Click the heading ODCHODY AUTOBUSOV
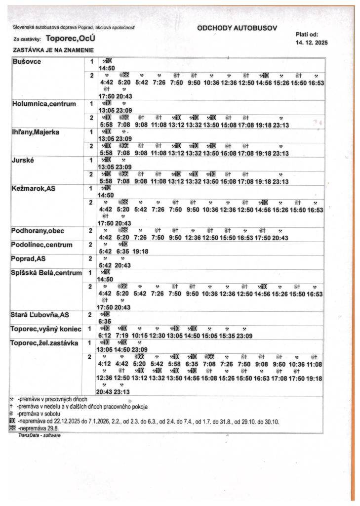coord(237,28)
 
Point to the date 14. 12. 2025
coord(311,43)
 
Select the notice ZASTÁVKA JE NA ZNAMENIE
coord(53,50)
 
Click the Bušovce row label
coord(27,62)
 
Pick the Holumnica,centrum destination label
coord(44,104)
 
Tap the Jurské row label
coord(24,161)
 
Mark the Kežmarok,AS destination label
coord(34,189)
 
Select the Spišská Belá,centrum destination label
coord(46,273)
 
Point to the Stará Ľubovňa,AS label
coord(40,315)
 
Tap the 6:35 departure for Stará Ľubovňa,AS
coord(107,320)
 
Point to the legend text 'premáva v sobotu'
coord(39,414)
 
